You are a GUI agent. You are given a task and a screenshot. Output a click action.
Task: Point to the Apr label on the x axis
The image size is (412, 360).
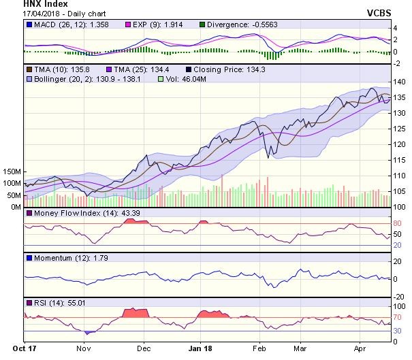click(358, 347)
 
